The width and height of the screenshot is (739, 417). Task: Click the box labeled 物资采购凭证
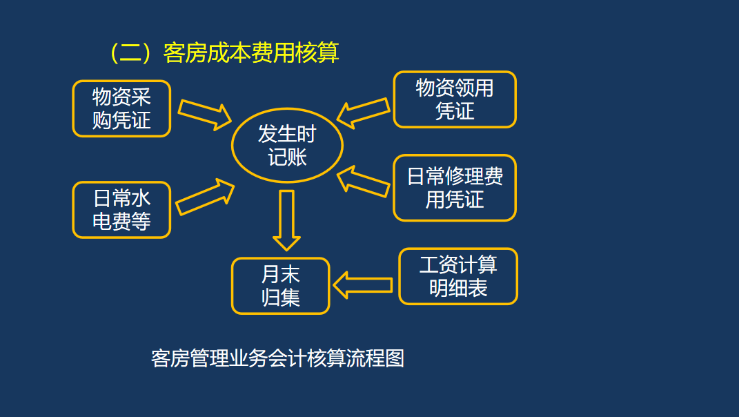[121, 108]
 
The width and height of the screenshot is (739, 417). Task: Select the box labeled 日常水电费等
[121, 210]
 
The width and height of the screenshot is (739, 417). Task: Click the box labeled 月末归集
[281, 286]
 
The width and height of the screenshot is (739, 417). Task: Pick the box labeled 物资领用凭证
[455, 99]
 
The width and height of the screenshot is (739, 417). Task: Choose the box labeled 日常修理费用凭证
[455, 188]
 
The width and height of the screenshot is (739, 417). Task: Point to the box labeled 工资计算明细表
[458, 276]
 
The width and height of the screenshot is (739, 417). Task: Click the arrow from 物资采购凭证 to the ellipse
[205, 113]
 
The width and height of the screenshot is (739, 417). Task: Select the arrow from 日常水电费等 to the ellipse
[205, 197]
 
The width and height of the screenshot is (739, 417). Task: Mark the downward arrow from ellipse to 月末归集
[286, 220]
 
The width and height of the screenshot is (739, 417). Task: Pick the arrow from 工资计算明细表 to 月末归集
[363, 285]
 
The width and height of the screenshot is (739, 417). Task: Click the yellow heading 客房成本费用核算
[251, 52]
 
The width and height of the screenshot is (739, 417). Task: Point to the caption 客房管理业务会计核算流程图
[277, 358]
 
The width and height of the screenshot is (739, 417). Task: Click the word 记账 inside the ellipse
[287, 157]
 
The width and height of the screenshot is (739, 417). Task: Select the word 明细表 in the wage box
[458, 288]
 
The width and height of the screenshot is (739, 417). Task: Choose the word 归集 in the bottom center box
[281, 298]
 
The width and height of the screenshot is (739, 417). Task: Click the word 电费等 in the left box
[121, 222]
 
